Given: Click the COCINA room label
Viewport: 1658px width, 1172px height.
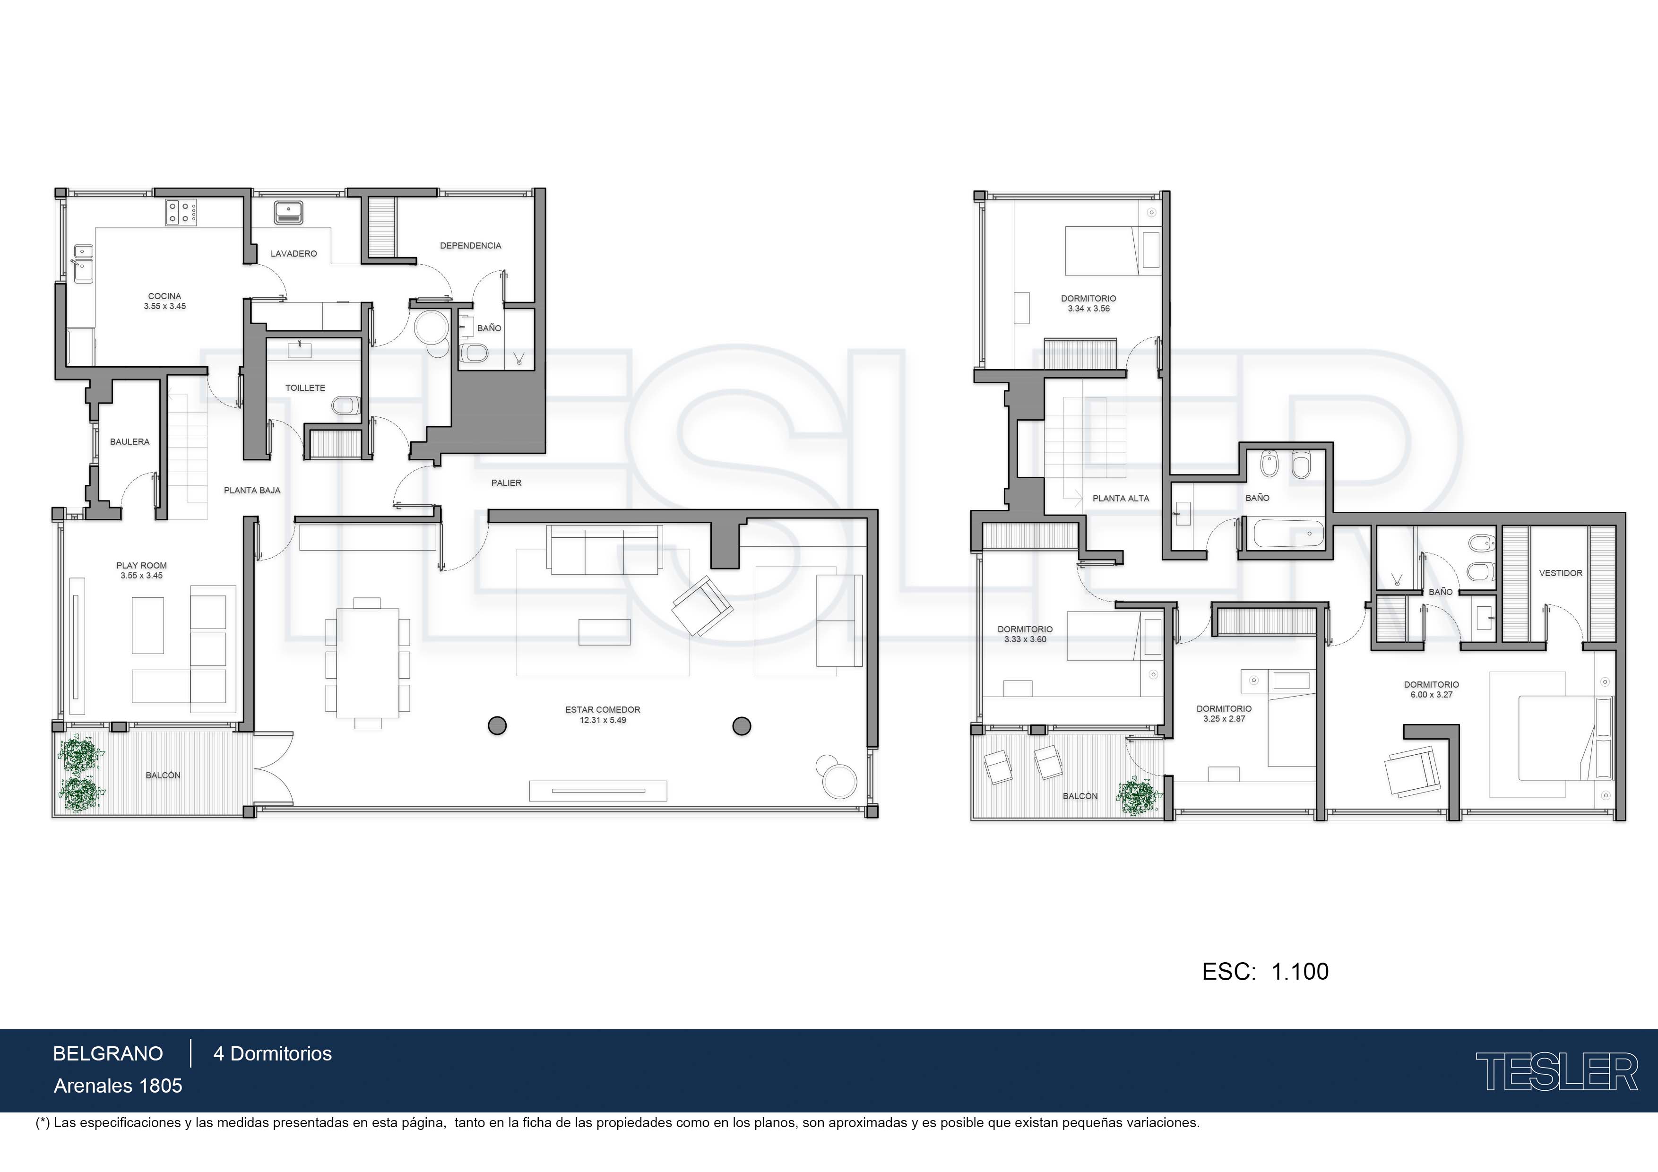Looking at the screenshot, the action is click(x=164, y=296).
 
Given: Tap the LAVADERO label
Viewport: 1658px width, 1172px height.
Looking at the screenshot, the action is click(x=294, y=253).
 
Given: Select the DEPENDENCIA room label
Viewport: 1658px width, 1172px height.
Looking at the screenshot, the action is click(x=470, y=246).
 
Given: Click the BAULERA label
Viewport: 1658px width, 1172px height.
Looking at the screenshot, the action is click(x=130, y=441).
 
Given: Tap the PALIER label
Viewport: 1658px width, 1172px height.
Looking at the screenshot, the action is click(x=506, y=483).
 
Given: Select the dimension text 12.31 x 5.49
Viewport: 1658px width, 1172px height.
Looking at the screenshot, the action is click(x=603, y=720).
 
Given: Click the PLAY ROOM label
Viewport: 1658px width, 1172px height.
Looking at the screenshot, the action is click(x=141, y=565).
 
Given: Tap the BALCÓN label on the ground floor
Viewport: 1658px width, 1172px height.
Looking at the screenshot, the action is click(x=163, y=775).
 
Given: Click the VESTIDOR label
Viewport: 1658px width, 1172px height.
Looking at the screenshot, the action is click(x=1561, y=573).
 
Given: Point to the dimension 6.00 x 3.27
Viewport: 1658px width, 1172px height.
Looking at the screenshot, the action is click(x=1431, y=695).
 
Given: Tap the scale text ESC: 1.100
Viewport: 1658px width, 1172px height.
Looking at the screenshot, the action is click(x=1265, y=971).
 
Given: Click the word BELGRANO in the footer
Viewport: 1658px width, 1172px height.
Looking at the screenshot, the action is click(x=108, y=1053).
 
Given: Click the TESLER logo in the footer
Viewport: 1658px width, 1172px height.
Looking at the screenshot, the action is click(x=1556, y=1072).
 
